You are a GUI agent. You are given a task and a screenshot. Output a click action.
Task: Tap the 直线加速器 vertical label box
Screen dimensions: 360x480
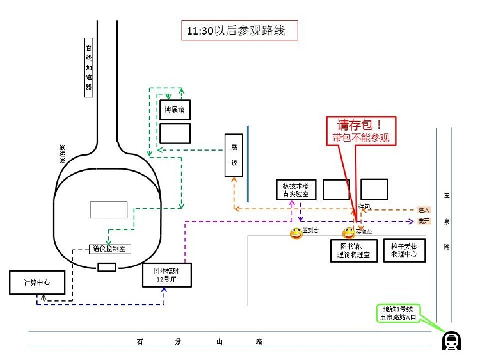coord(89,67)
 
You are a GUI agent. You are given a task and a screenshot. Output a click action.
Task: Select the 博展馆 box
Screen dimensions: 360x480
coord(175,110)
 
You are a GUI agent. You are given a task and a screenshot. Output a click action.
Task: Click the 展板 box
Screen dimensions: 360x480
coord(234,155)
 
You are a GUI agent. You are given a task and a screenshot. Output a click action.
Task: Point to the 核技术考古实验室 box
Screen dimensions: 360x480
coord(296,189)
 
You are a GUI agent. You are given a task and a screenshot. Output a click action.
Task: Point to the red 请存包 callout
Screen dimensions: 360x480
coord(360,131)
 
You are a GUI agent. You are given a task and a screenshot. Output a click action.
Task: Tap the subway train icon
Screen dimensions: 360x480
coord(452,341)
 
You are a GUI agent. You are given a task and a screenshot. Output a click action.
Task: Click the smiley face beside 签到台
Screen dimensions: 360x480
coord(296,233)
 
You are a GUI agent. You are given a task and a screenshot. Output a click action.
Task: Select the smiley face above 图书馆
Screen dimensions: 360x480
coord(348,233)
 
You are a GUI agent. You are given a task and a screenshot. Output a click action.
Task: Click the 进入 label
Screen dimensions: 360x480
coord(423,209)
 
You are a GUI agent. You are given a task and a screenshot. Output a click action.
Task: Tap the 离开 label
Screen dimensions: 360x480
coord(423,221)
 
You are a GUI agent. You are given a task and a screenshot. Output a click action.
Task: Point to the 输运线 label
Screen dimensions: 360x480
coord(62,154)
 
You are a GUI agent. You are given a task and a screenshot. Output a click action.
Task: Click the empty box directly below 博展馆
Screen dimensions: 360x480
coord(175,133)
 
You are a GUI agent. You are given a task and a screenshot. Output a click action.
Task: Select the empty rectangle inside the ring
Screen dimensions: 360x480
coord(108,209)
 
